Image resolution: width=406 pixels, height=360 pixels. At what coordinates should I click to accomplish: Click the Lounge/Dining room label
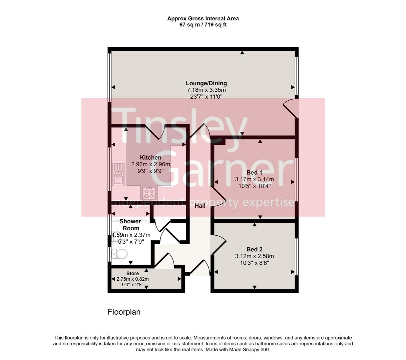point(206,83)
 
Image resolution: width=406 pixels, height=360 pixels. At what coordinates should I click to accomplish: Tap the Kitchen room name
point(150,158)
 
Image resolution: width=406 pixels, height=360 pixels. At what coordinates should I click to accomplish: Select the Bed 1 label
point(254,173)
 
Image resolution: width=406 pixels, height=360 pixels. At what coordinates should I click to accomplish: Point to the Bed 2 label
point(254,249)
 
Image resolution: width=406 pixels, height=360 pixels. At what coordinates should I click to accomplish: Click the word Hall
point(200,206)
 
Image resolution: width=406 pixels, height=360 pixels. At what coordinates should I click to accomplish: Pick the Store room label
point(132,274)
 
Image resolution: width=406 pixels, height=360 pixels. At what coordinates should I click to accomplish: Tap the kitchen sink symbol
point(118,173)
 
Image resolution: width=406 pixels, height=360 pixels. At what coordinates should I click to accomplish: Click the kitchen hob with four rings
point(149,193)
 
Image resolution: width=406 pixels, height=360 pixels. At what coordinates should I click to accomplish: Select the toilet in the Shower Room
point(120,254)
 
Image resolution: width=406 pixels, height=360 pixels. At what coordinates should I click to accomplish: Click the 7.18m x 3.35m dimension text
point(206,90)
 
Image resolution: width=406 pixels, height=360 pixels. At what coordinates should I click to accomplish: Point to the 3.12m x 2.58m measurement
point(254,256)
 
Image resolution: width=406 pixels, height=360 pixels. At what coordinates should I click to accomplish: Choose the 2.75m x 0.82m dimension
point(132,279)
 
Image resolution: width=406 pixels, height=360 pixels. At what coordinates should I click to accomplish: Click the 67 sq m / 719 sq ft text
point(203,25)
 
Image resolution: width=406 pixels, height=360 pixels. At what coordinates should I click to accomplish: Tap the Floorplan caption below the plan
point(124,312)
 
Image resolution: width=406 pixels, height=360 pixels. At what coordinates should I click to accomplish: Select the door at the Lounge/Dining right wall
point(290,108)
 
